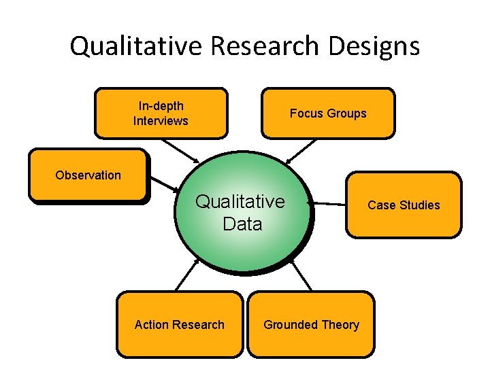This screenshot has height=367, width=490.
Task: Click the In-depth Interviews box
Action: click(x=161, y=113)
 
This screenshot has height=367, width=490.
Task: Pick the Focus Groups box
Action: click(x=328, y=113)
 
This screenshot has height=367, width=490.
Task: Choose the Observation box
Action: click(x=88, y=175)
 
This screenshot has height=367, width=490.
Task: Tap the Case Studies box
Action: click(x=404, y=205)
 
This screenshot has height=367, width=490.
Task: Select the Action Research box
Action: click(x=179, y=324)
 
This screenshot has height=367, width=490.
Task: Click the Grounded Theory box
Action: click(x=311, y=324)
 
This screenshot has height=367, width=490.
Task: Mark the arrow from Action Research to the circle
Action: click(x=187, y=275)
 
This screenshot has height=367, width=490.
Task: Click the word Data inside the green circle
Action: click(x=242, y=224)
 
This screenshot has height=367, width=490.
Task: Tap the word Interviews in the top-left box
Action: click(x=161, y=121)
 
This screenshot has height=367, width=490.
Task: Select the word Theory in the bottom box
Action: click(x=342, y=324)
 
